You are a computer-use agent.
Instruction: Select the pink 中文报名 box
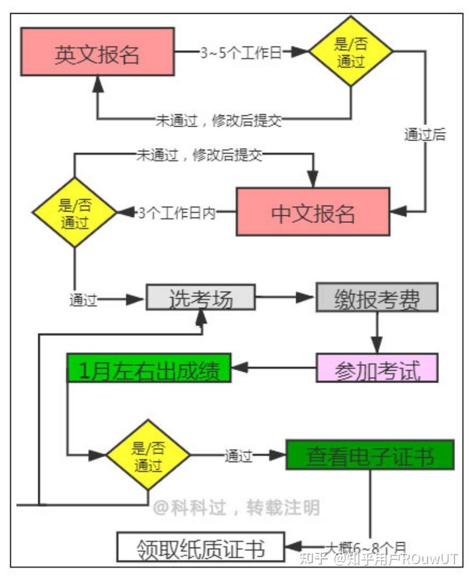click(313, 212)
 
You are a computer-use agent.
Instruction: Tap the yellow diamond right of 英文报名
click(351, 52)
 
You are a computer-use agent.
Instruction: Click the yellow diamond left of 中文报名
click(75, 213)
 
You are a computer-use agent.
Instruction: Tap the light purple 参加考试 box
click(377, 369)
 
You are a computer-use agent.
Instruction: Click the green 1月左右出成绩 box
click(149, 369)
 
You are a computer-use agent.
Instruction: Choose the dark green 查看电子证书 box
click(370, 455)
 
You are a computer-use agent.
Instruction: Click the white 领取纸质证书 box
click(200, 546)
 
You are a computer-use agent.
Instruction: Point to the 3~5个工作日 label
click(241, 53)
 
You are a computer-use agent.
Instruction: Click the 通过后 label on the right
click(425, 134)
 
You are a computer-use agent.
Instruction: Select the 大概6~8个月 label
click(365, 546)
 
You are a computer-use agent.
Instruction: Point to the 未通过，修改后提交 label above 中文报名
click(199, 155)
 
